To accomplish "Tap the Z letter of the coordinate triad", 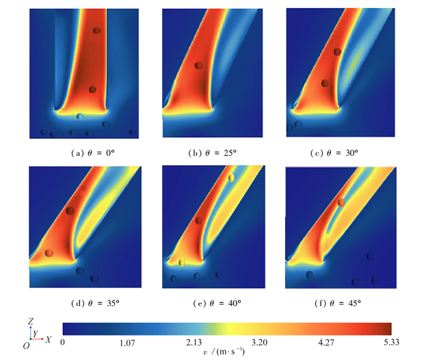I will pos(30,320).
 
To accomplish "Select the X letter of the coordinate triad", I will pos(49,339).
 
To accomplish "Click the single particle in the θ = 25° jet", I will pos(198,66).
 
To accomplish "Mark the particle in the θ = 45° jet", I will pos(341,202).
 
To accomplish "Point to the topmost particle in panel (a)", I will pos(96,31).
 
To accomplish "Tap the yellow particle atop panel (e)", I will pos(231,178).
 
